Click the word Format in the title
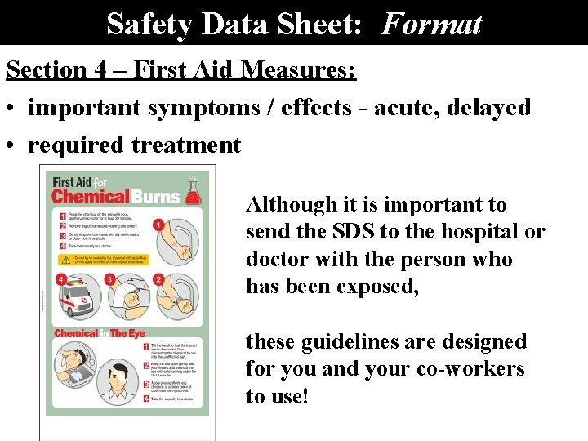point(431,24)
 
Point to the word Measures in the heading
point(299,70)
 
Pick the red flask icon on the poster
point(192,190)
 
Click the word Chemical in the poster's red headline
point(91,196)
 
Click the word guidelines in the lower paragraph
point(364,341)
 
